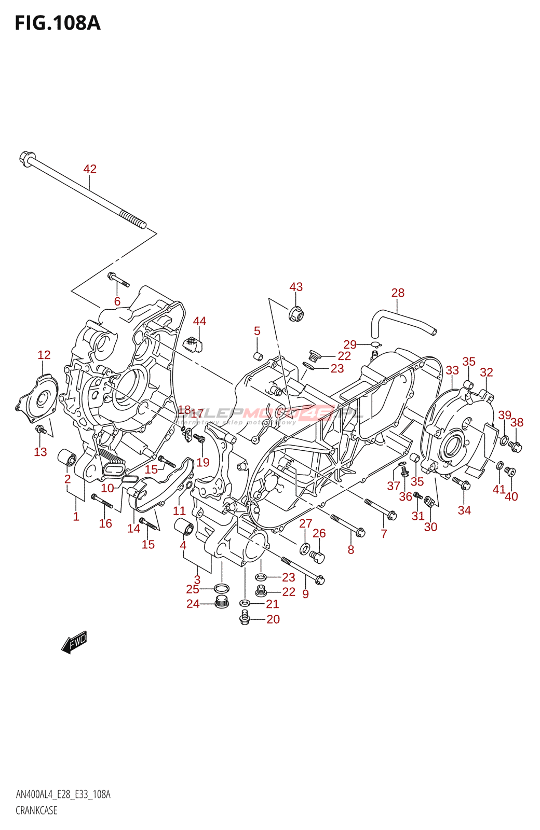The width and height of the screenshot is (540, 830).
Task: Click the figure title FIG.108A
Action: coord(57,23)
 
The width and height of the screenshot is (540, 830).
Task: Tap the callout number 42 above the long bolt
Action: coord(90,169)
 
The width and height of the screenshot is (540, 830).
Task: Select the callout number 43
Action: coord(296,287)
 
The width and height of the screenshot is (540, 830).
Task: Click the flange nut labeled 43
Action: coord(296,314)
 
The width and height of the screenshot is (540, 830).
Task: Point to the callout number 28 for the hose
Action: coord(398,293)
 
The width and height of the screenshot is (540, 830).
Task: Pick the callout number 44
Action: coord(199,321)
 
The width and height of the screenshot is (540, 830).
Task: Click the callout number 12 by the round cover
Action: coord(44,355)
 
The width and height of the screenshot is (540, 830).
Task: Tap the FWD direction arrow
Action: coord(74,642)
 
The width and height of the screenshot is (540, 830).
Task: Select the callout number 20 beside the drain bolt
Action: coord(273,619)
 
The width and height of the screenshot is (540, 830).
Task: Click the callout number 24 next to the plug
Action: coord(193,604)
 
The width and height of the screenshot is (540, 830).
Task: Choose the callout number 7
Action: coord(384,533)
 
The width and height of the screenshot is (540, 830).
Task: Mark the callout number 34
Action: coord(464,510)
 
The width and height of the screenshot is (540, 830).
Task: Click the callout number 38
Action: coord(517,422)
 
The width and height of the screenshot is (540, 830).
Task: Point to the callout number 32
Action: coord(487,372)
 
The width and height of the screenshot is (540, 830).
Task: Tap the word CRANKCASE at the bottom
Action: coord(36,810)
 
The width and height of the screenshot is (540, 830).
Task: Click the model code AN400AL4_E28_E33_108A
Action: coord(63,795)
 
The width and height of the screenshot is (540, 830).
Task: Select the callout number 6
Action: coord(117,301)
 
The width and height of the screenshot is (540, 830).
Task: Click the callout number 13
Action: coord(40,452)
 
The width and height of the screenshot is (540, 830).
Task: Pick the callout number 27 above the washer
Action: coord(305,523)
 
